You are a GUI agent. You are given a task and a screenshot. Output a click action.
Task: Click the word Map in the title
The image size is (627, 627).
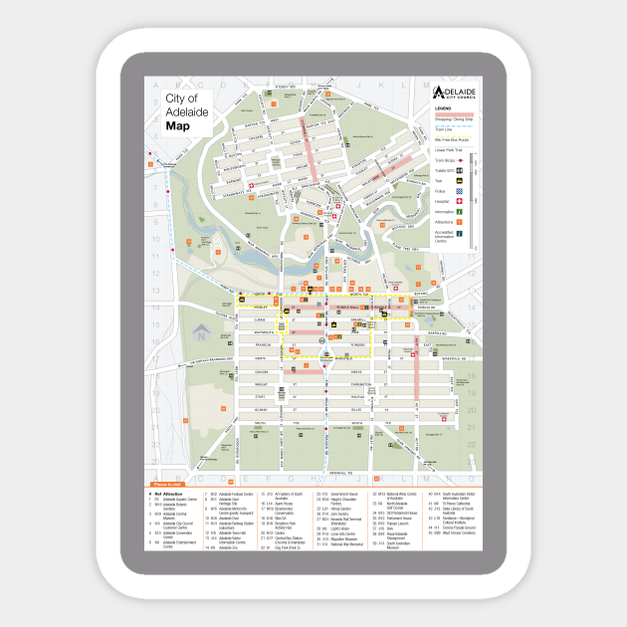[178, 125]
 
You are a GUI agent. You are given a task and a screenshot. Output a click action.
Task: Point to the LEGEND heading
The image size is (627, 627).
[443, 108]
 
